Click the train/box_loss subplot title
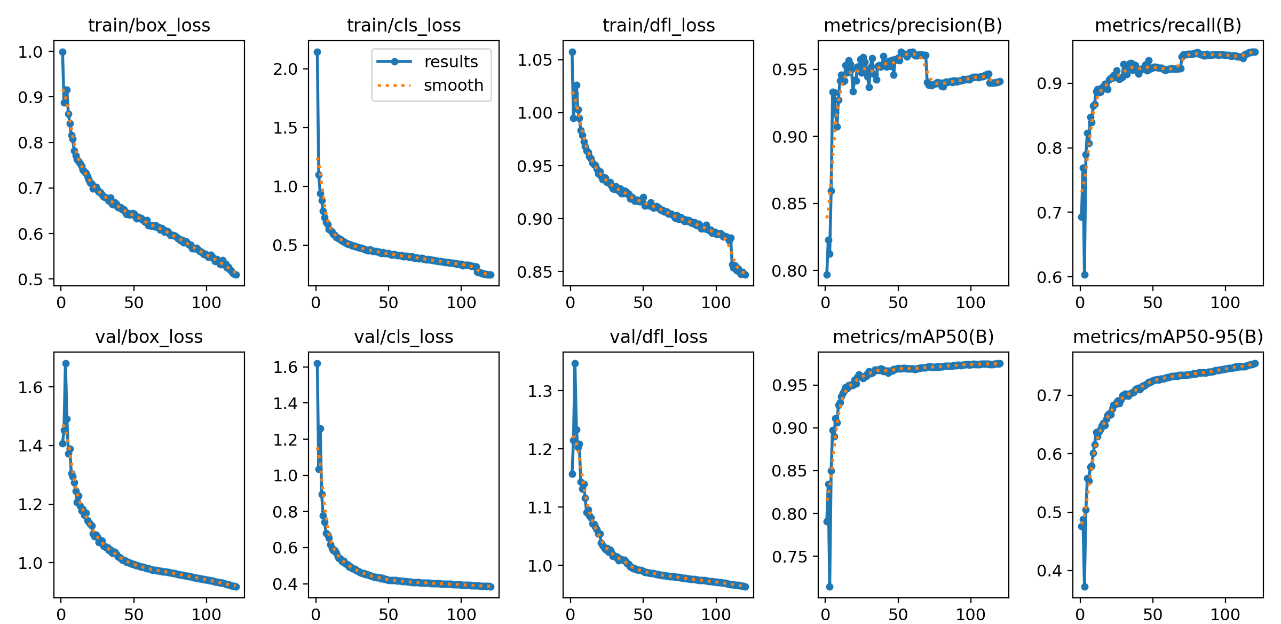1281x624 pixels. click(149, 25)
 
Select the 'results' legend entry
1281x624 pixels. click(451, 62)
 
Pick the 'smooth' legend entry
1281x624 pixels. click(453, 85)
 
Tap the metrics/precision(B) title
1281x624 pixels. click(913, 25)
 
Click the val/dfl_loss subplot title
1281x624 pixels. click(658, 337)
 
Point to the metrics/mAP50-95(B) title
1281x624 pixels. click(1168, 337)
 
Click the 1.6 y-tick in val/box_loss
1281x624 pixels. click(30, 387)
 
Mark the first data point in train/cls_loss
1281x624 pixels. click(317, 52)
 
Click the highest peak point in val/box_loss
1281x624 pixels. click(66, 363)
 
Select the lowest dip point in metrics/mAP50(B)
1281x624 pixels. click(829, 587)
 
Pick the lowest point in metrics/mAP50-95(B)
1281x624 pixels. click(1085, 587)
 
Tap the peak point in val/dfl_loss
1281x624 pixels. click(575, 363)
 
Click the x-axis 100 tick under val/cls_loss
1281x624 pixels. click(461, 614)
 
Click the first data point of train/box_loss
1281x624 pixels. click(62, 52)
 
